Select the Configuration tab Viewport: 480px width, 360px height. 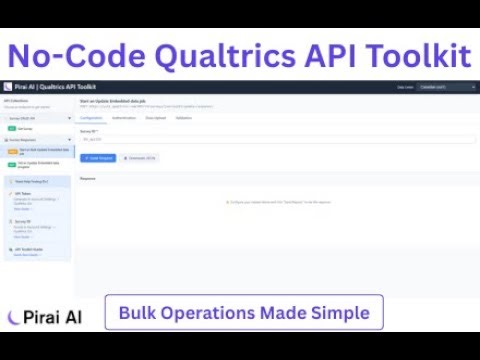tap(91, 118)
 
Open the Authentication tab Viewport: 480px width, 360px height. tap(124, 118)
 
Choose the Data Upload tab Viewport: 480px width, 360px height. tap(155, 118)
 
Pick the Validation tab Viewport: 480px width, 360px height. tap(184, 118)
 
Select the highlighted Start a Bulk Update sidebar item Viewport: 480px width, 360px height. tap(36, 150)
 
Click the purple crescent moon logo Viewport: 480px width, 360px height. tap(13, 317)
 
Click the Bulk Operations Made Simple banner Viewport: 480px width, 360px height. tap(244, 313)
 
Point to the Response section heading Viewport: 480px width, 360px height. tap(88, 178)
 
